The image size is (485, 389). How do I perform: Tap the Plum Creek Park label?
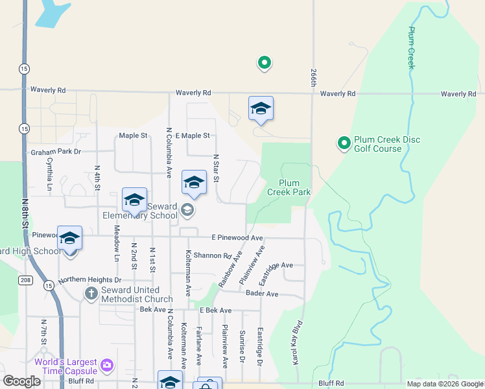(x=294, y=187)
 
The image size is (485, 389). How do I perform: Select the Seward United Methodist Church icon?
(x=91, y=294)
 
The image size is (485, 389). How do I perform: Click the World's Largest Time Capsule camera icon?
(x=106, y=366)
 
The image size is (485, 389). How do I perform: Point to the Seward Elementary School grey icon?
(x=187, y=209)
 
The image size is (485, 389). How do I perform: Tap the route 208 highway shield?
(x=23, y=280)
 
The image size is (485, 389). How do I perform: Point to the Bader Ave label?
(x=262, y=294)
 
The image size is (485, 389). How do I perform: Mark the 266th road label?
(x=313, y=78)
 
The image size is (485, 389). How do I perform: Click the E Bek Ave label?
(x=215, y=311)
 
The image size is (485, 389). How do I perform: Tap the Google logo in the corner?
(x=21, y=381)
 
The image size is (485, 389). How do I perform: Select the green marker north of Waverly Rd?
(x=264, y=63)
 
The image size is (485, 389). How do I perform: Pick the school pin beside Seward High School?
(x=69, y=239)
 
